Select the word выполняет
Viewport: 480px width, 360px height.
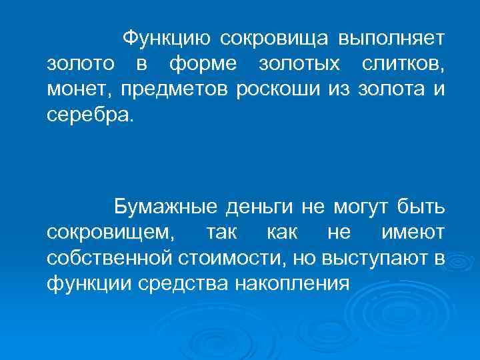(x=391, y=39)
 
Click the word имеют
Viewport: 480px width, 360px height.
(x=412, y=233)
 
